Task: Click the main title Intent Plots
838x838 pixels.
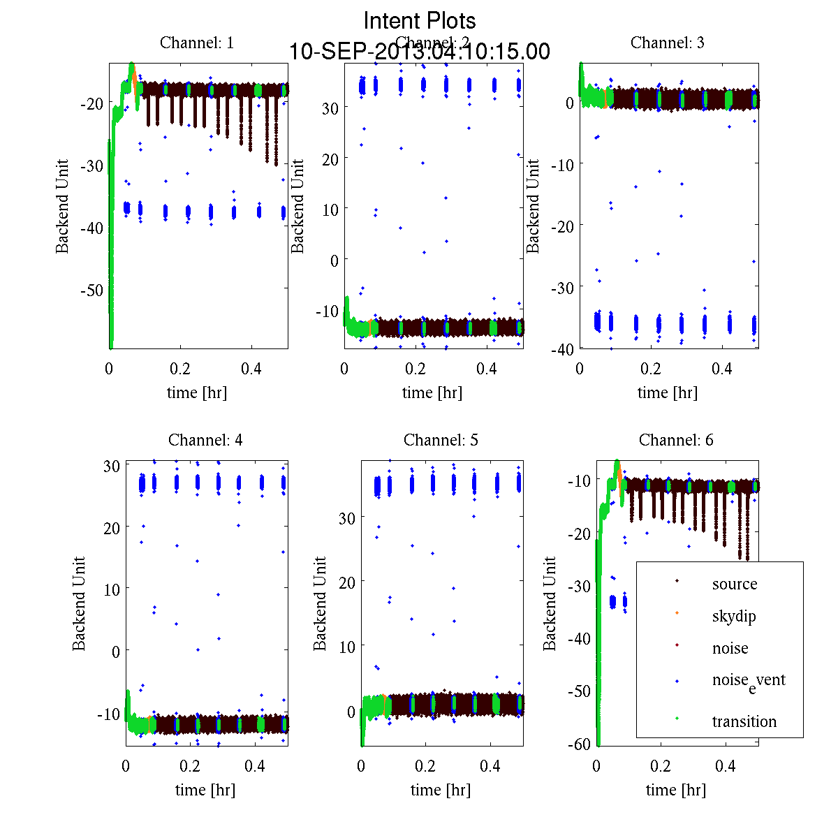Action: [420, 20]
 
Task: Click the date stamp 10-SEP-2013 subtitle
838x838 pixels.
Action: [420, 52]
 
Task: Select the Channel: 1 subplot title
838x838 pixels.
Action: [197, 43]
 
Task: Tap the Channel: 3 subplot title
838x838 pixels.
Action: [668, 43]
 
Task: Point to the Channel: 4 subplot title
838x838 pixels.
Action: [205, 440]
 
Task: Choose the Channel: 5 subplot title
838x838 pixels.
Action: [441, 440]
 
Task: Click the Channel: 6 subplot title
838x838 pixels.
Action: [676, 440]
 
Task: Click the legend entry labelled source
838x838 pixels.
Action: [735, 584]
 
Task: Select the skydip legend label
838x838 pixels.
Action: [734, 616]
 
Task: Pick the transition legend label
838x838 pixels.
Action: [744, 721]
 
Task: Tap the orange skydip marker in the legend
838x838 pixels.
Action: [677, 613]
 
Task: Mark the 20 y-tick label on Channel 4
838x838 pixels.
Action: [112, 527]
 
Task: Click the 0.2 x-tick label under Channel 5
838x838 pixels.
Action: [425, 766]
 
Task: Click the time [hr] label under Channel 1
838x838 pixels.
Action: [197, 392]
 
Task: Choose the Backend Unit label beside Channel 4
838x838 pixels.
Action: [79, 603]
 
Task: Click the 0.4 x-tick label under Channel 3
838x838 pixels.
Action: [722, 369]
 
